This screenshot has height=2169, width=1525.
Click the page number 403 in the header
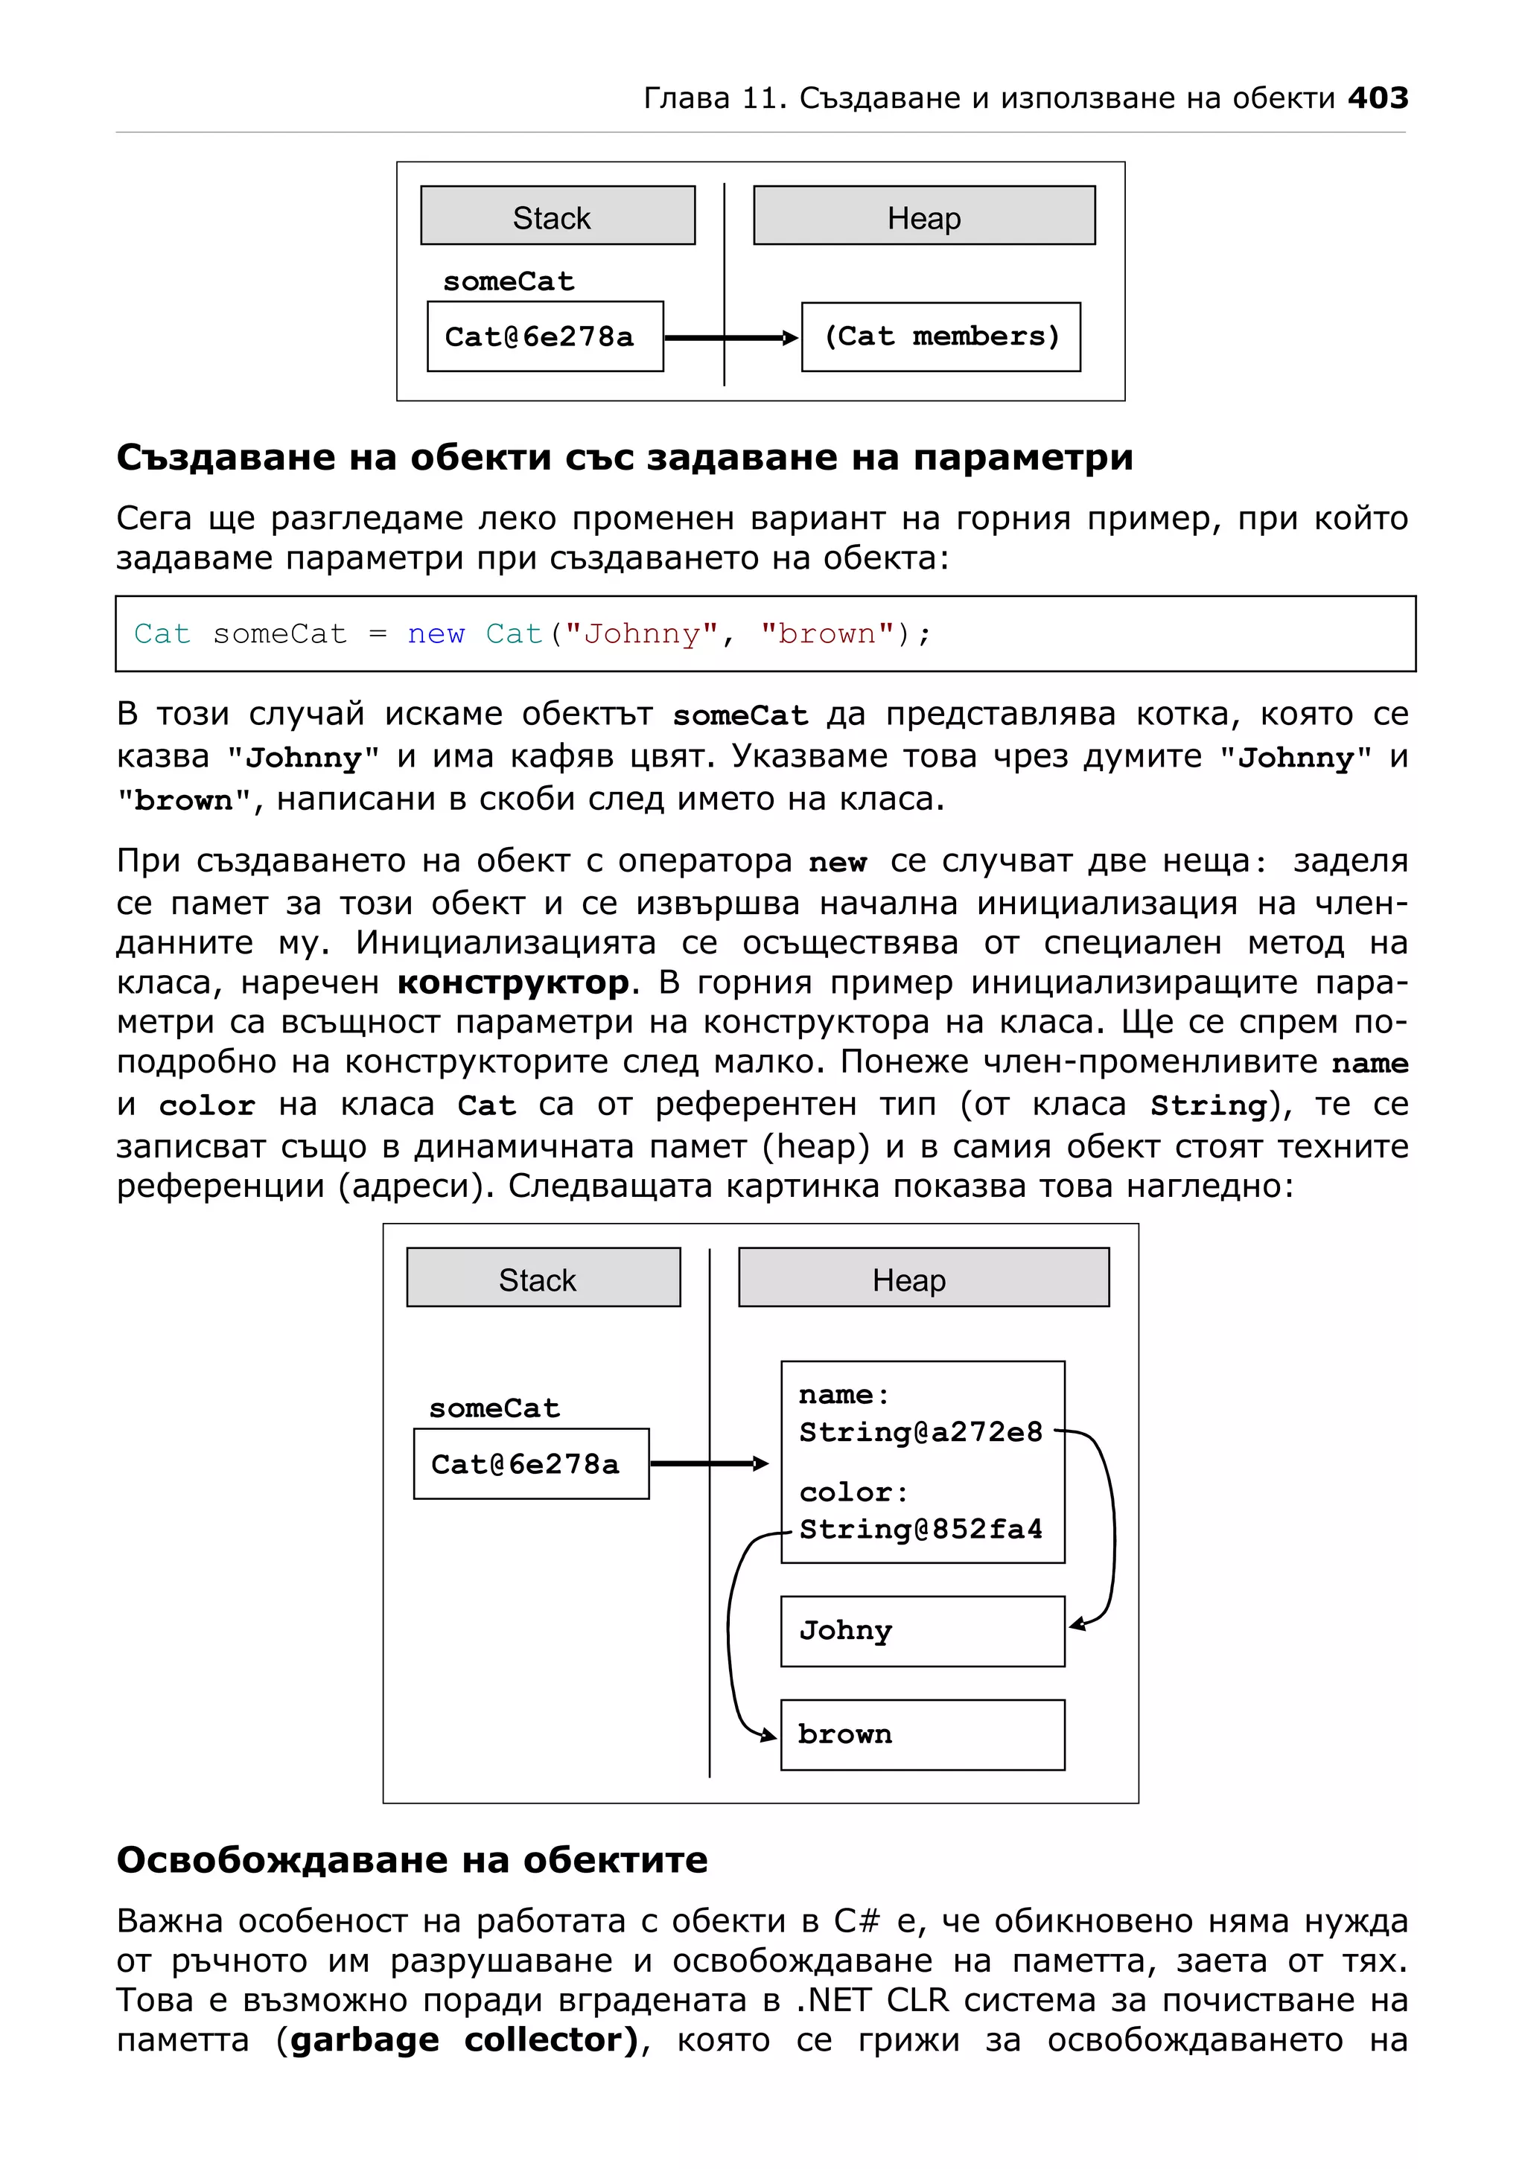[1377, 98]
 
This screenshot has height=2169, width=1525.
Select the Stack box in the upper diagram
[558, 217]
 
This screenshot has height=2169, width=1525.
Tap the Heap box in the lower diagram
[923, 1278]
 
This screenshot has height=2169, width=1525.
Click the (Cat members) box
[940, 337]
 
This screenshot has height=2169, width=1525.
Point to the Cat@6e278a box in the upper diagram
[544, 337]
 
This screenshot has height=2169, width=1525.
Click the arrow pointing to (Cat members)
[732, 338]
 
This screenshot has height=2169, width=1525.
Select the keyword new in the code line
[436, 634]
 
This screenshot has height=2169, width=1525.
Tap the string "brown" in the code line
[828, 634]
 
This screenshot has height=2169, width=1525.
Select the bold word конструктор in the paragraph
[513, 983]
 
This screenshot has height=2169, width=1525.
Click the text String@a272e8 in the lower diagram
[920, 1432]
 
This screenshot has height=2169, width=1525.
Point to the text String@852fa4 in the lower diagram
[920, 1530]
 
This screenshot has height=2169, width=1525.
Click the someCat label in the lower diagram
[494, 1408]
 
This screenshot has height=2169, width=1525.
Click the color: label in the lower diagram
[853, 1492]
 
